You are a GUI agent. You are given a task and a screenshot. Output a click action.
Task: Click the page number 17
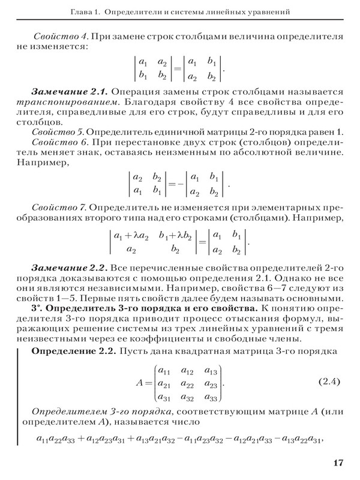point(336,463)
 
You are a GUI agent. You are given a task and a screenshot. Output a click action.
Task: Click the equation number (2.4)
point(328,381)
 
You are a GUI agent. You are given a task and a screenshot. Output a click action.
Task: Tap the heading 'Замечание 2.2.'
point(69,265)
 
